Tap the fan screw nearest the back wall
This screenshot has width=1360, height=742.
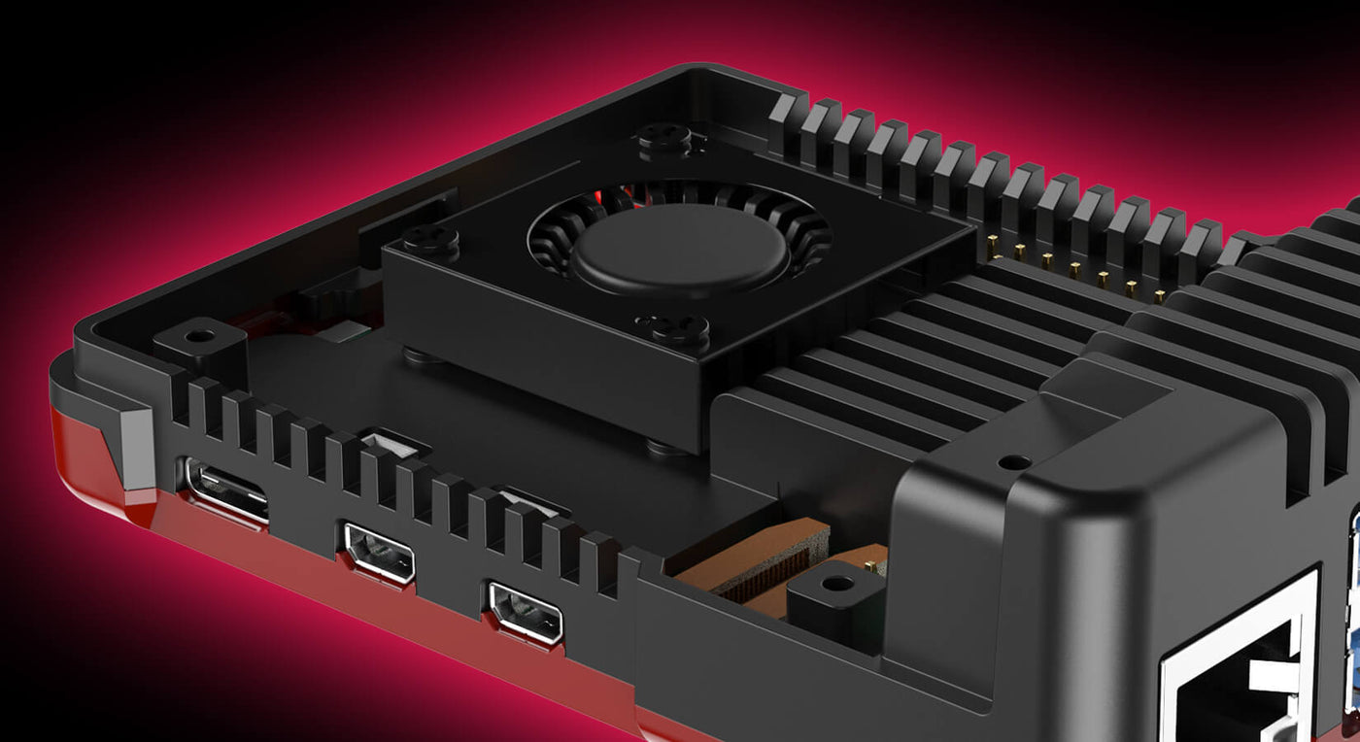(x=665, y=139)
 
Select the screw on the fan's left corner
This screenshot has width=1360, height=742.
(x=430, y=238)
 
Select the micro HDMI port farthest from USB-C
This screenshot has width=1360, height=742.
(x=525, y=612)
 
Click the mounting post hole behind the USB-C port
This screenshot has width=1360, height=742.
(x=200, y=336)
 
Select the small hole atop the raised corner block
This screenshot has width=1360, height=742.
(x=1014, y=463)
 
